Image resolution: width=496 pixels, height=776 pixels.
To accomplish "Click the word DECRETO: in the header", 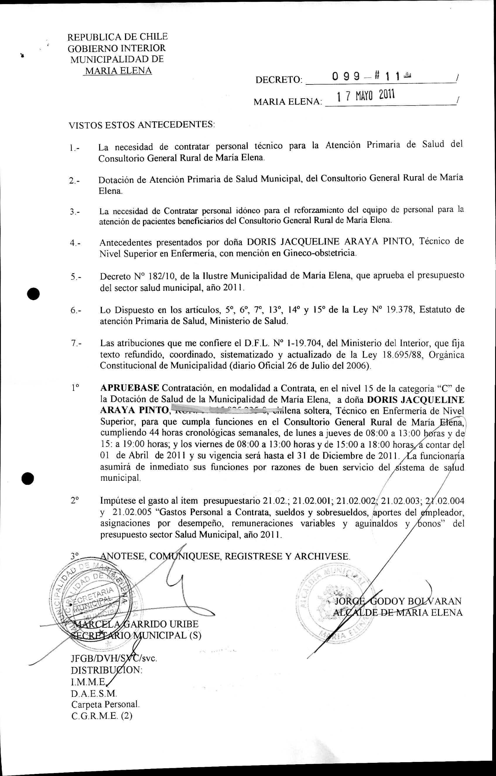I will pyautogui.click(x=279, y=80).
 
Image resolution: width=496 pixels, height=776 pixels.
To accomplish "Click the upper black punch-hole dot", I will pyautogui.click(x=33, y=294).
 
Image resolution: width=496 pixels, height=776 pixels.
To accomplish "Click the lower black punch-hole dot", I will pyautogui.click(x=28, y=478).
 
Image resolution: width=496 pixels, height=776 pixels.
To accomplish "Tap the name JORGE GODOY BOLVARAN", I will pyautogui.click(x=398, y=601).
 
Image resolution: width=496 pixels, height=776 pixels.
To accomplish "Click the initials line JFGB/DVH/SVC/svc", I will pyautogui.click(x=114, y=658).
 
